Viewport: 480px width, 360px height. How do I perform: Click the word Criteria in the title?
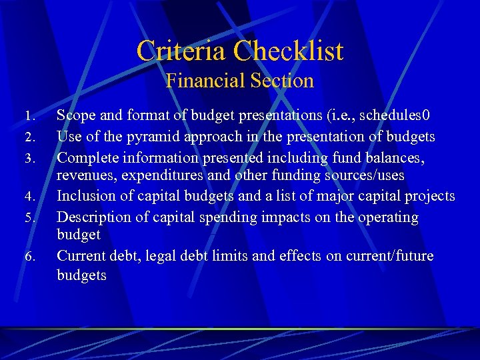pyautogui.click(x=182, y=51)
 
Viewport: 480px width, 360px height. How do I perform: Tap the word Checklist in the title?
pyautogui.click(x=289, y=51)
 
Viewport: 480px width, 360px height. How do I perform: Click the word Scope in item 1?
pyautogui.click(x=76, y=115)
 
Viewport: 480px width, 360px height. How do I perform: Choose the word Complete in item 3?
pyautogui.click(x=87, y=158)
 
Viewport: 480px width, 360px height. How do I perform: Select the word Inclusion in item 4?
pyautogui.click(x=85, y=196)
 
